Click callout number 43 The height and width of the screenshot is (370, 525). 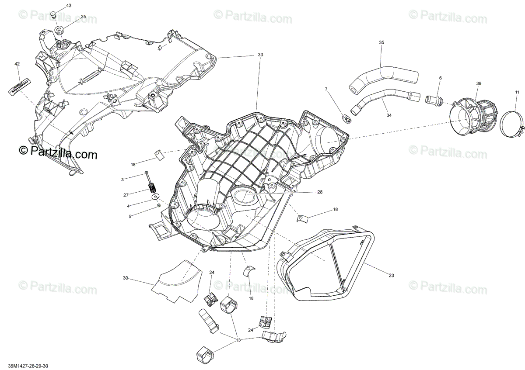(68, 6)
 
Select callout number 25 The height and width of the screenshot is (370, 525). (83, 17)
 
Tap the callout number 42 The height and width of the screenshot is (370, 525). (17, 64)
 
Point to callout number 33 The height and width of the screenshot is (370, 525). (260, 55)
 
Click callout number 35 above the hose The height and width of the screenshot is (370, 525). (381, 42)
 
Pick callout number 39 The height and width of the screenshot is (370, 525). (479, 83)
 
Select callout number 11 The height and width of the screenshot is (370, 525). (517, 92)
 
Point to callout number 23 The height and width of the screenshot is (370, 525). (391, 275)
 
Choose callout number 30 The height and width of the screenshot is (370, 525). (125, 278)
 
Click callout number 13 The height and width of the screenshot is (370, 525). (238, 339)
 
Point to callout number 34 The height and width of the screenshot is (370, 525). (389, 115)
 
